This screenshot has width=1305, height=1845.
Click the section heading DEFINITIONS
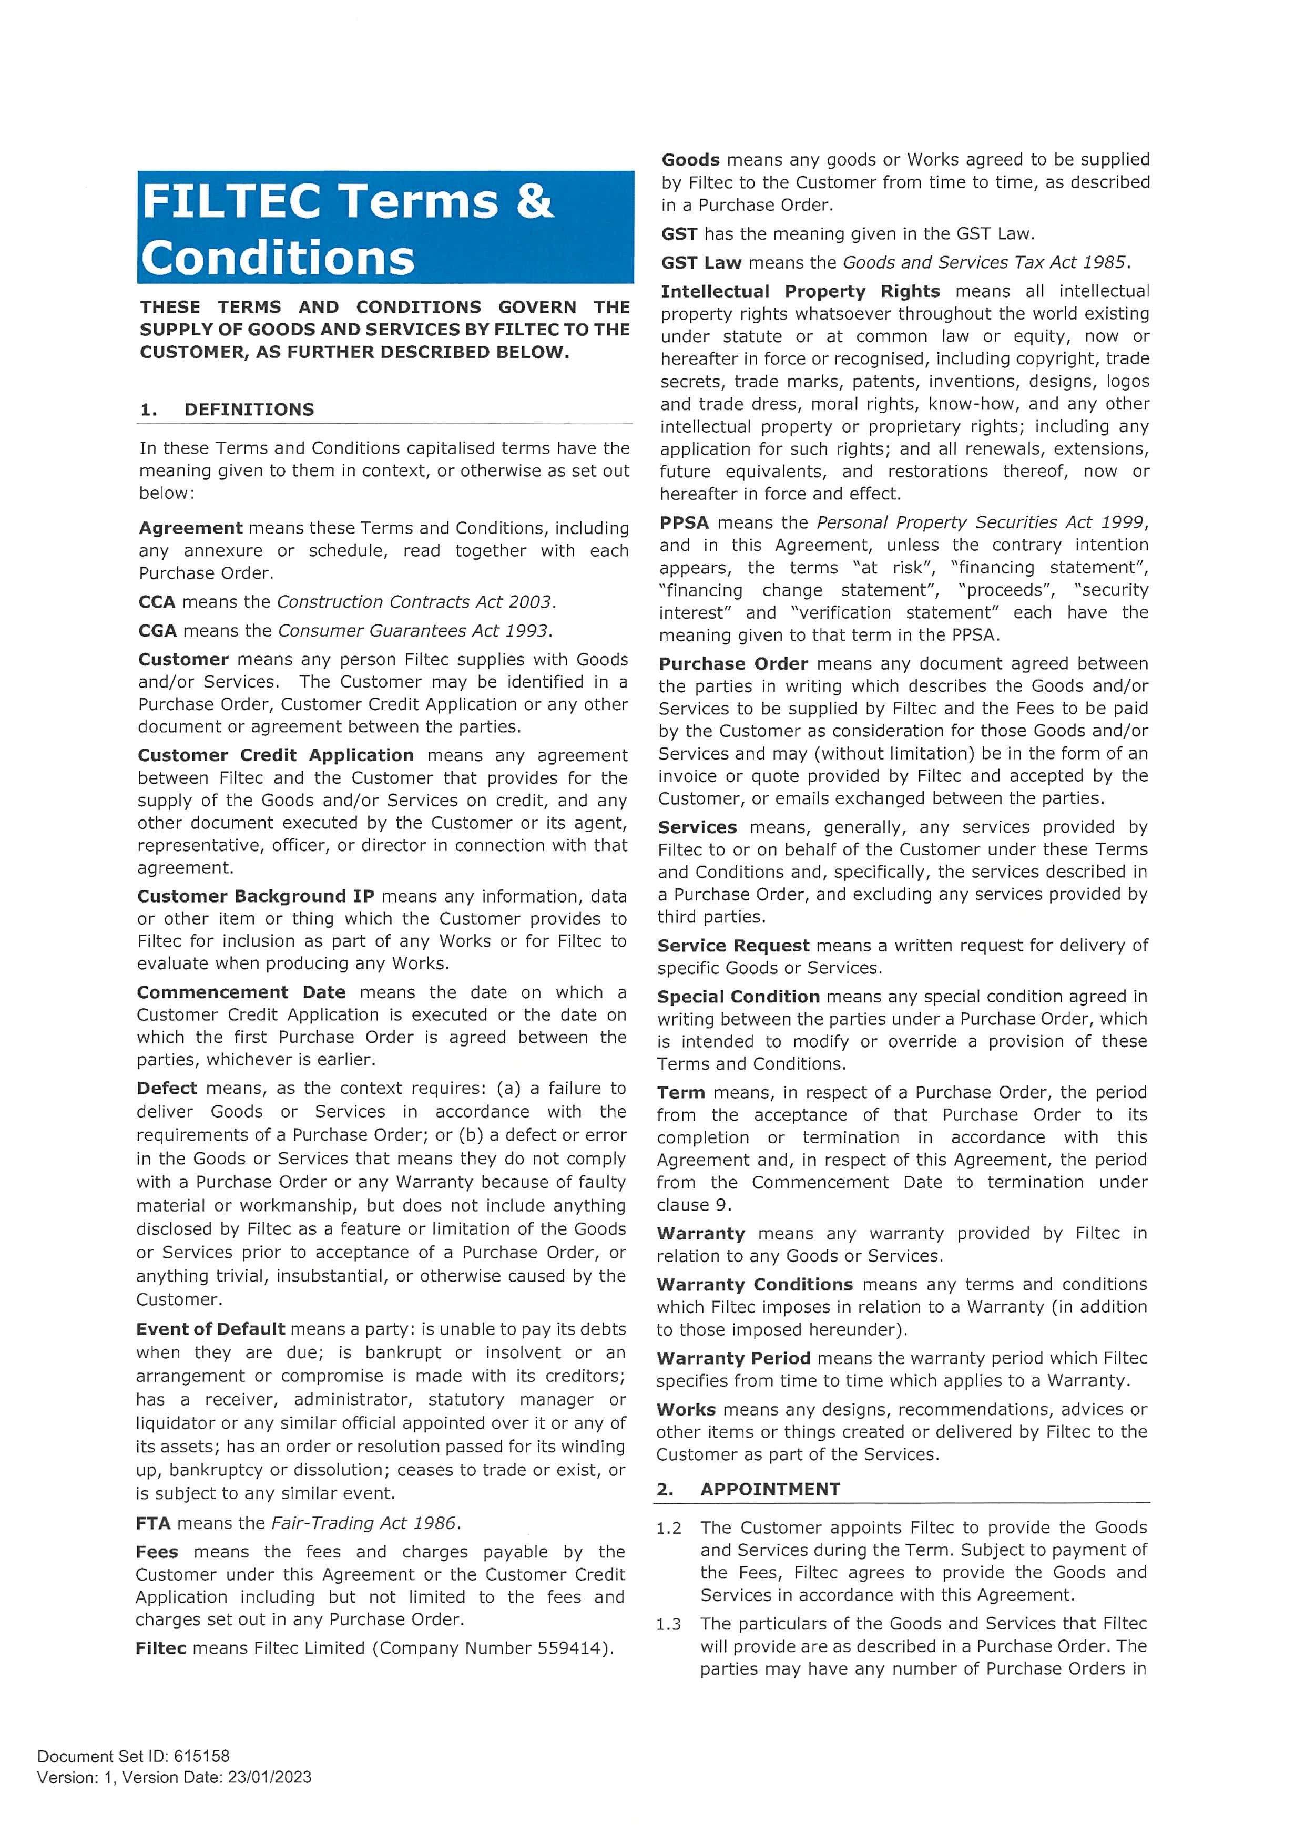pyautogui.click(x=249, y=410)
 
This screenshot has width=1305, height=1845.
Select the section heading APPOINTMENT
pyautogui.click(x=770, y=1489)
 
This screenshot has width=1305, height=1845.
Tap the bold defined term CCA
pyautogui.click(x=157, y=602)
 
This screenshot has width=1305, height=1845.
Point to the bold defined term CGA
pyautogui.click(x=157, y=631)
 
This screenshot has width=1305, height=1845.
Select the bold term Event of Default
pyautogui.click(x=210, y=1329)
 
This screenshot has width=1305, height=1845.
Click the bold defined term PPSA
pyautogui.click(x=684, y=522)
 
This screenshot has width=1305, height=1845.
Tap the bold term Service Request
pyautogui.click(x=733, y=945)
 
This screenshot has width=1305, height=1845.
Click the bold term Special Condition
pyautogui.click(x=738, y=997)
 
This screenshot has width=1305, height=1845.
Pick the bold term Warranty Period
pyautogui.click(x=733, y=1358)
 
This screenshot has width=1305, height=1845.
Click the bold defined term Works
pyautogui.click(x=686, y=1409)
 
